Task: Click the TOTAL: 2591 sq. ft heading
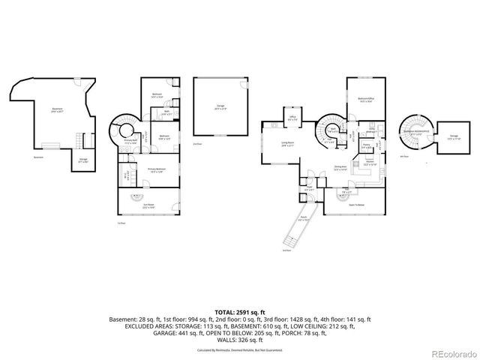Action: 239,310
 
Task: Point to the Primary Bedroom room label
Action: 156,170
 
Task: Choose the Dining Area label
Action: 340,167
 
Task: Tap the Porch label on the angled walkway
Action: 304,219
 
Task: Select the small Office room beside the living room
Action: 293,118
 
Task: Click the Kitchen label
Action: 370,163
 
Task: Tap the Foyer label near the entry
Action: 309,189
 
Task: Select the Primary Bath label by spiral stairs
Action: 130,142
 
